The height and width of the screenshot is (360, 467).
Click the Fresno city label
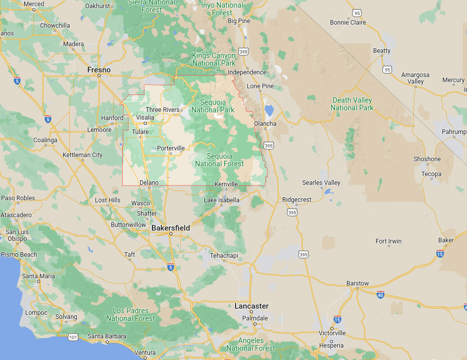tap(99, 70)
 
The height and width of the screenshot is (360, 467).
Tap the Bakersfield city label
tap(171, 228)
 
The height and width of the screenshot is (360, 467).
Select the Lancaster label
tap(251, 306)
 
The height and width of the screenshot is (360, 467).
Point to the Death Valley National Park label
tap(352, 104)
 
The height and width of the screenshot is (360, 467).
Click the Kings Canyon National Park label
tap(213, 59)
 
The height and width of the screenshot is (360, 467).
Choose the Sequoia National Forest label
tap(220, 160)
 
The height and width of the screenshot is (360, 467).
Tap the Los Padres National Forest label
tap(130, 314)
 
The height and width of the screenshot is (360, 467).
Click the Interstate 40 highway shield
tap(380, 294)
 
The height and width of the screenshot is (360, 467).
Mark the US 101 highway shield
tap(73, 337)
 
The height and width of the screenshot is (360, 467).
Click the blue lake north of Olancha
tap(269, 110)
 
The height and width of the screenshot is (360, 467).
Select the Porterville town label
tap(171, 148)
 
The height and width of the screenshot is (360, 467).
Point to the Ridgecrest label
tap(297, 200)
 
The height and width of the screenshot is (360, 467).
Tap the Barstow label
tap(358, 283)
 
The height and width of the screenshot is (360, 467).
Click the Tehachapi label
tap(224, 256)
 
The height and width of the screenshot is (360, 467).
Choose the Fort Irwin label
tap(388, 241)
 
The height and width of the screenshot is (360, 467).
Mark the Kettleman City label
tap(82, 155)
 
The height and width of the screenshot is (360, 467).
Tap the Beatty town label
tap(382, 51)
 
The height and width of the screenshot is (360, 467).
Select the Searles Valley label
tap(321, 183)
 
